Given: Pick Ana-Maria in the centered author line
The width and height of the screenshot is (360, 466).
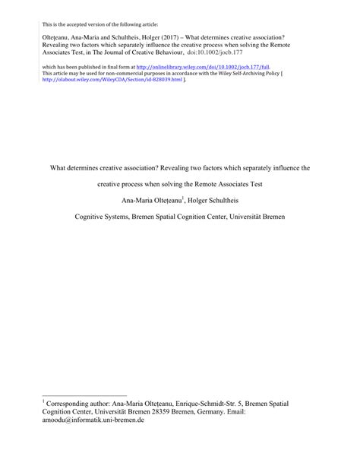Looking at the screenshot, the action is click(128, 200).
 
